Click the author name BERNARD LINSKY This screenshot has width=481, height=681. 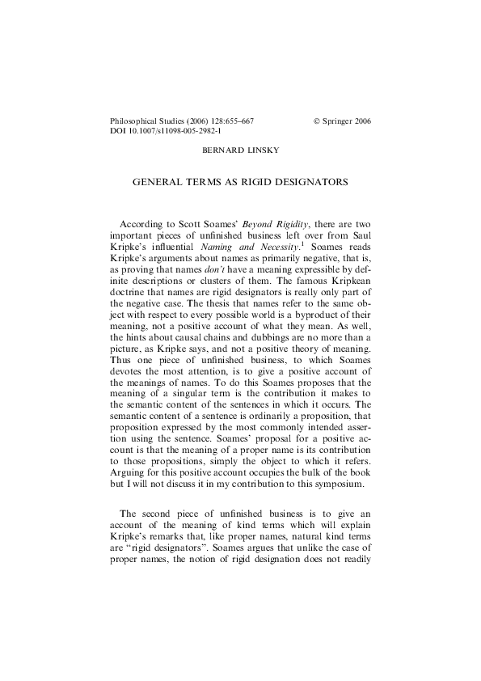pos(240,150)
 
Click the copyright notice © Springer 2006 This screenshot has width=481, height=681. pos(342,121)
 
